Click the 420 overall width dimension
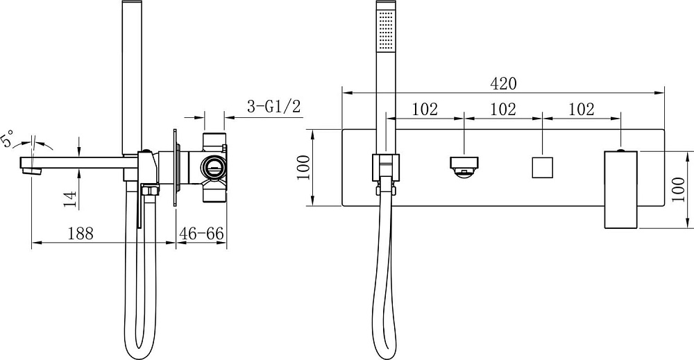(504, 83)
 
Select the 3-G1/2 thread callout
(273, 107)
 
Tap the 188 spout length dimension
(81, 233)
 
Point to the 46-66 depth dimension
(201, 233)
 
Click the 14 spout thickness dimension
(70, 199)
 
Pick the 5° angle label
(8, 138)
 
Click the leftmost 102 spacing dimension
(425, 109)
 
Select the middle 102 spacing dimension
(503, 109)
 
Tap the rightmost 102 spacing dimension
(581, 109)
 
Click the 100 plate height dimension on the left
(304, 167)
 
